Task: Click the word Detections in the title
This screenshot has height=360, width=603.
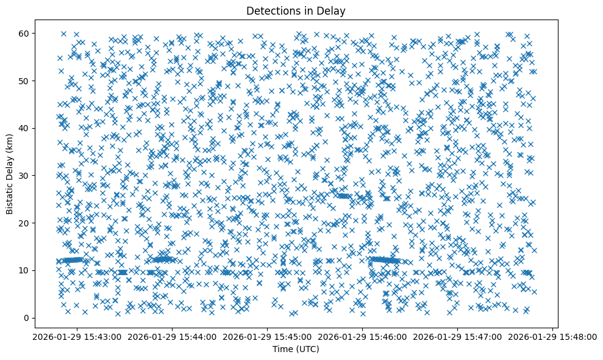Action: click(x=271, y=10)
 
